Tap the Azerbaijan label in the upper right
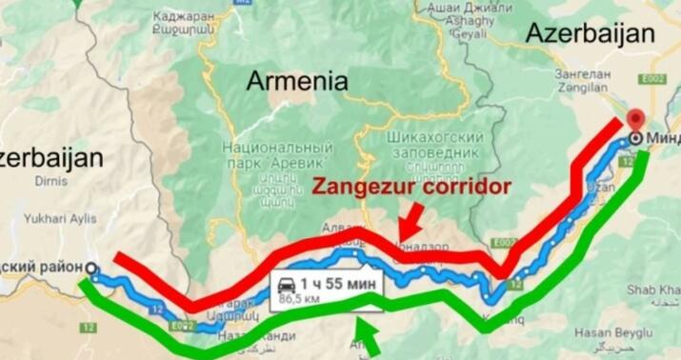pyautogui.click(x=591, y=32)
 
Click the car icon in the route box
pyautogui.click(x=286, y=283)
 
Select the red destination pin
pyautogui.click(x=636, y=121)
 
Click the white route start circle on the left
pyautogui.click(x=91, y=270)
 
